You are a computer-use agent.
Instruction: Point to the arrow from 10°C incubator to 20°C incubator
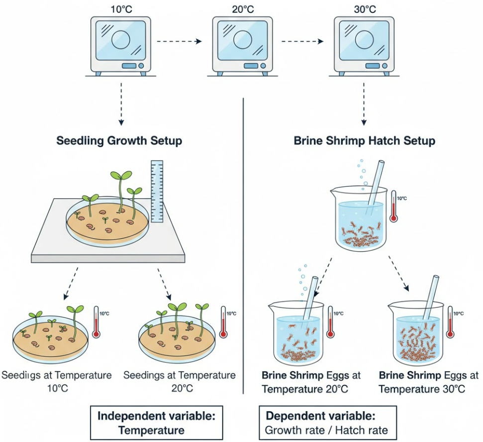pos(179,41)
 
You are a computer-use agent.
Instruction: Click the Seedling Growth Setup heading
pos(119,141)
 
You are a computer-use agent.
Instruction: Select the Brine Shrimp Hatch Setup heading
pos(364,141)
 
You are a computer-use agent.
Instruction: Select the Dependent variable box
pos(328,423)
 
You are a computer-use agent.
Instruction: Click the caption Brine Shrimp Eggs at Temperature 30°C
pos(428,382)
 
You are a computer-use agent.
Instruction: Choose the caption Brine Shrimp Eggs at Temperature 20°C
pos(311,382)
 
